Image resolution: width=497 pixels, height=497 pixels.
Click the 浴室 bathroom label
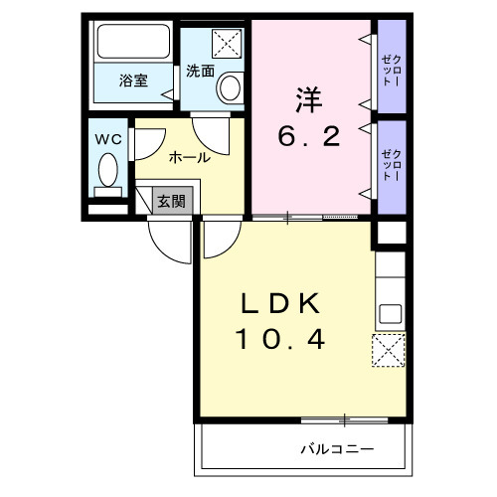(x=133, y=81)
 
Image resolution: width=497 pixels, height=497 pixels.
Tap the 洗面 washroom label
(x=200, y=72)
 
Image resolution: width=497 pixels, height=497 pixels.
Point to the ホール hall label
(x=188, y=157)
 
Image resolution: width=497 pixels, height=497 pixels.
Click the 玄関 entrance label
(x=171, y=201)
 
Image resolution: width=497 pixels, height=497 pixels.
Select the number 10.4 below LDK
(x=280, y=341)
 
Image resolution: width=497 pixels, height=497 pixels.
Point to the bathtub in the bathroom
(x=134, y=43)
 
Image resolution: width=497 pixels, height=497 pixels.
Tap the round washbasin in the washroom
(x=231, y=87)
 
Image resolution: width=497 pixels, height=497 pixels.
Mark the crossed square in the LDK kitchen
(x=388, y=351)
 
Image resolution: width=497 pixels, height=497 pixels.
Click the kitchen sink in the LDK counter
(x=389, y=314)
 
